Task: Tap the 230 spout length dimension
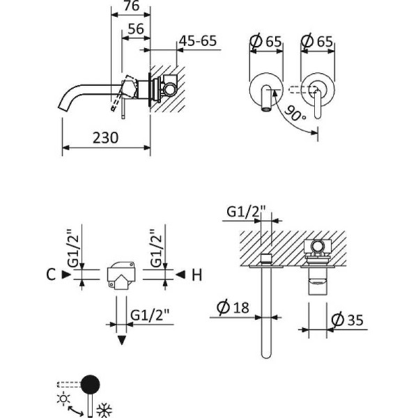105,137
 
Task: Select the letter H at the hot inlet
196,275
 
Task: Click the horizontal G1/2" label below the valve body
148,313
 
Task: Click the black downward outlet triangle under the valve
123,340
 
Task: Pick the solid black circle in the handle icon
90,382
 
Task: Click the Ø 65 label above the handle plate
320,41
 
